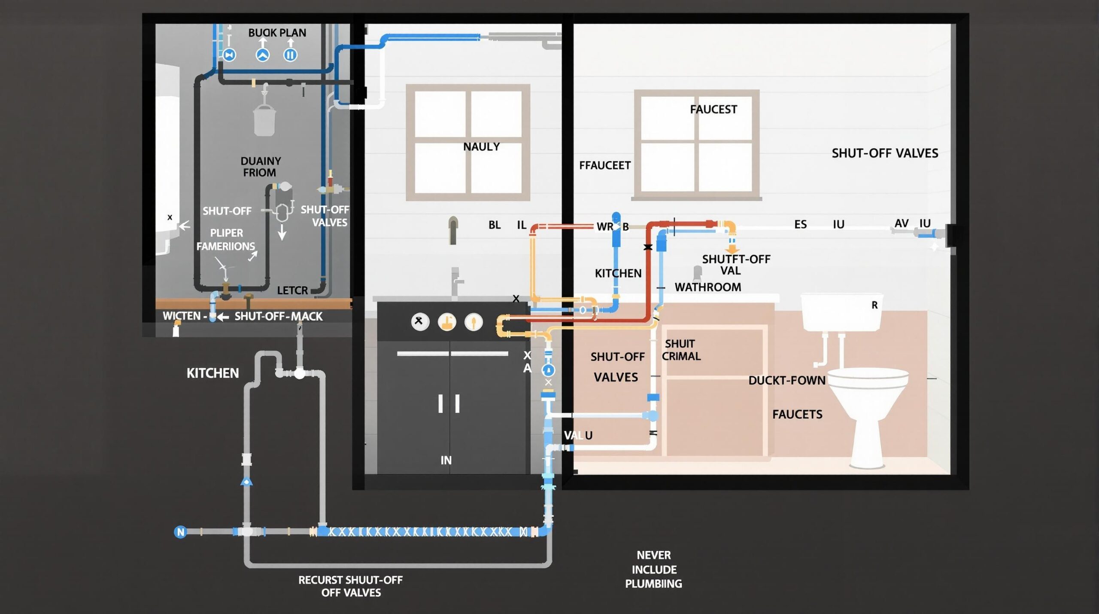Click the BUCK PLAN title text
click(277, 33)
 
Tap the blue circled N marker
click(180, 532)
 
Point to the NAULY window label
click(481, 147)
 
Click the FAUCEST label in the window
click(713, 110)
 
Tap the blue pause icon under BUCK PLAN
click(290, 55)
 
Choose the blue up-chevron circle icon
click(263, 55)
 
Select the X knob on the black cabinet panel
click(419, 321)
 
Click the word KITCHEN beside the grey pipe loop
click(213, 373)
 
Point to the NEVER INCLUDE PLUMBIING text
click(653, 569)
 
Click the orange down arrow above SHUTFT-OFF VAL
click(732, 249)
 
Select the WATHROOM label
click(707, 287)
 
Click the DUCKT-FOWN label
click(786, 380)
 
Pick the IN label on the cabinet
click(446, 460)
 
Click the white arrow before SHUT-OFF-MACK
click(222, 317)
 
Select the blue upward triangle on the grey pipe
click(246, 481)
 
